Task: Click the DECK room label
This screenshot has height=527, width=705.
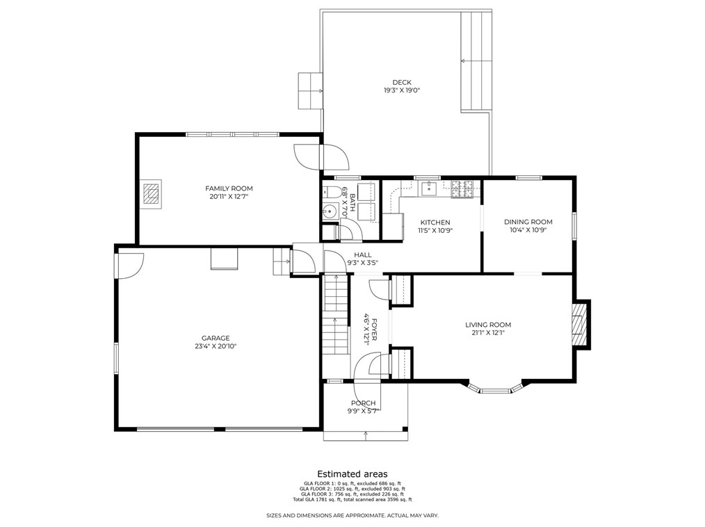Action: click(x=401, y=82)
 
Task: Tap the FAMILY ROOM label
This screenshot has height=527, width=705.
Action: click(x=229, y=188)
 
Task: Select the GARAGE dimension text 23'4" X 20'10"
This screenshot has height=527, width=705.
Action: click(x=216, y=346)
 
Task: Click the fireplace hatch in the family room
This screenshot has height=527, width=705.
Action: click(x=152, y=193)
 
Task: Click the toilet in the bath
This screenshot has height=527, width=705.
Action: click(x=332, y=192)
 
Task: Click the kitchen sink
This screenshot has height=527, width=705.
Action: click(x=430, y=188)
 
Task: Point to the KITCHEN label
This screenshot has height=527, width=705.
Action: click(x=435, y=222)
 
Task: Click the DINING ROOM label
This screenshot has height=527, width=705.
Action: click(x=528, y=222)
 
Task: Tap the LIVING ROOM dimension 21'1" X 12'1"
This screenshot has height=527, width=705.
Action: click(x=488, y=333)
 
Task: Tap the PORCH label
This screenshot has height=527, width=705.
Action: click(x=364, y=403)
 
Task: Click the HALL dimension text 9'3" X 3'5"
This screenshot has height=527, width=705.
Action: click(x=362, y=263)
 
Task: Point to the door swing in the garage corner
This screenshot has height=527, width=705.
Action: click(x=131, y=266)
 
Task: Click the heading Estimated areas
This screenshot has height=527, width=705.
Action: click(x=352, y=474)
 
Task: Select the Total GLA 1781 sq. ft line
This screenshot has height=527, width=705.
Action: click(x=352, y=500)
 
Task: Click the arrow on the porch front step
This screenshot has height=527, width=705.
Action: click(x=366, y=435)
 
